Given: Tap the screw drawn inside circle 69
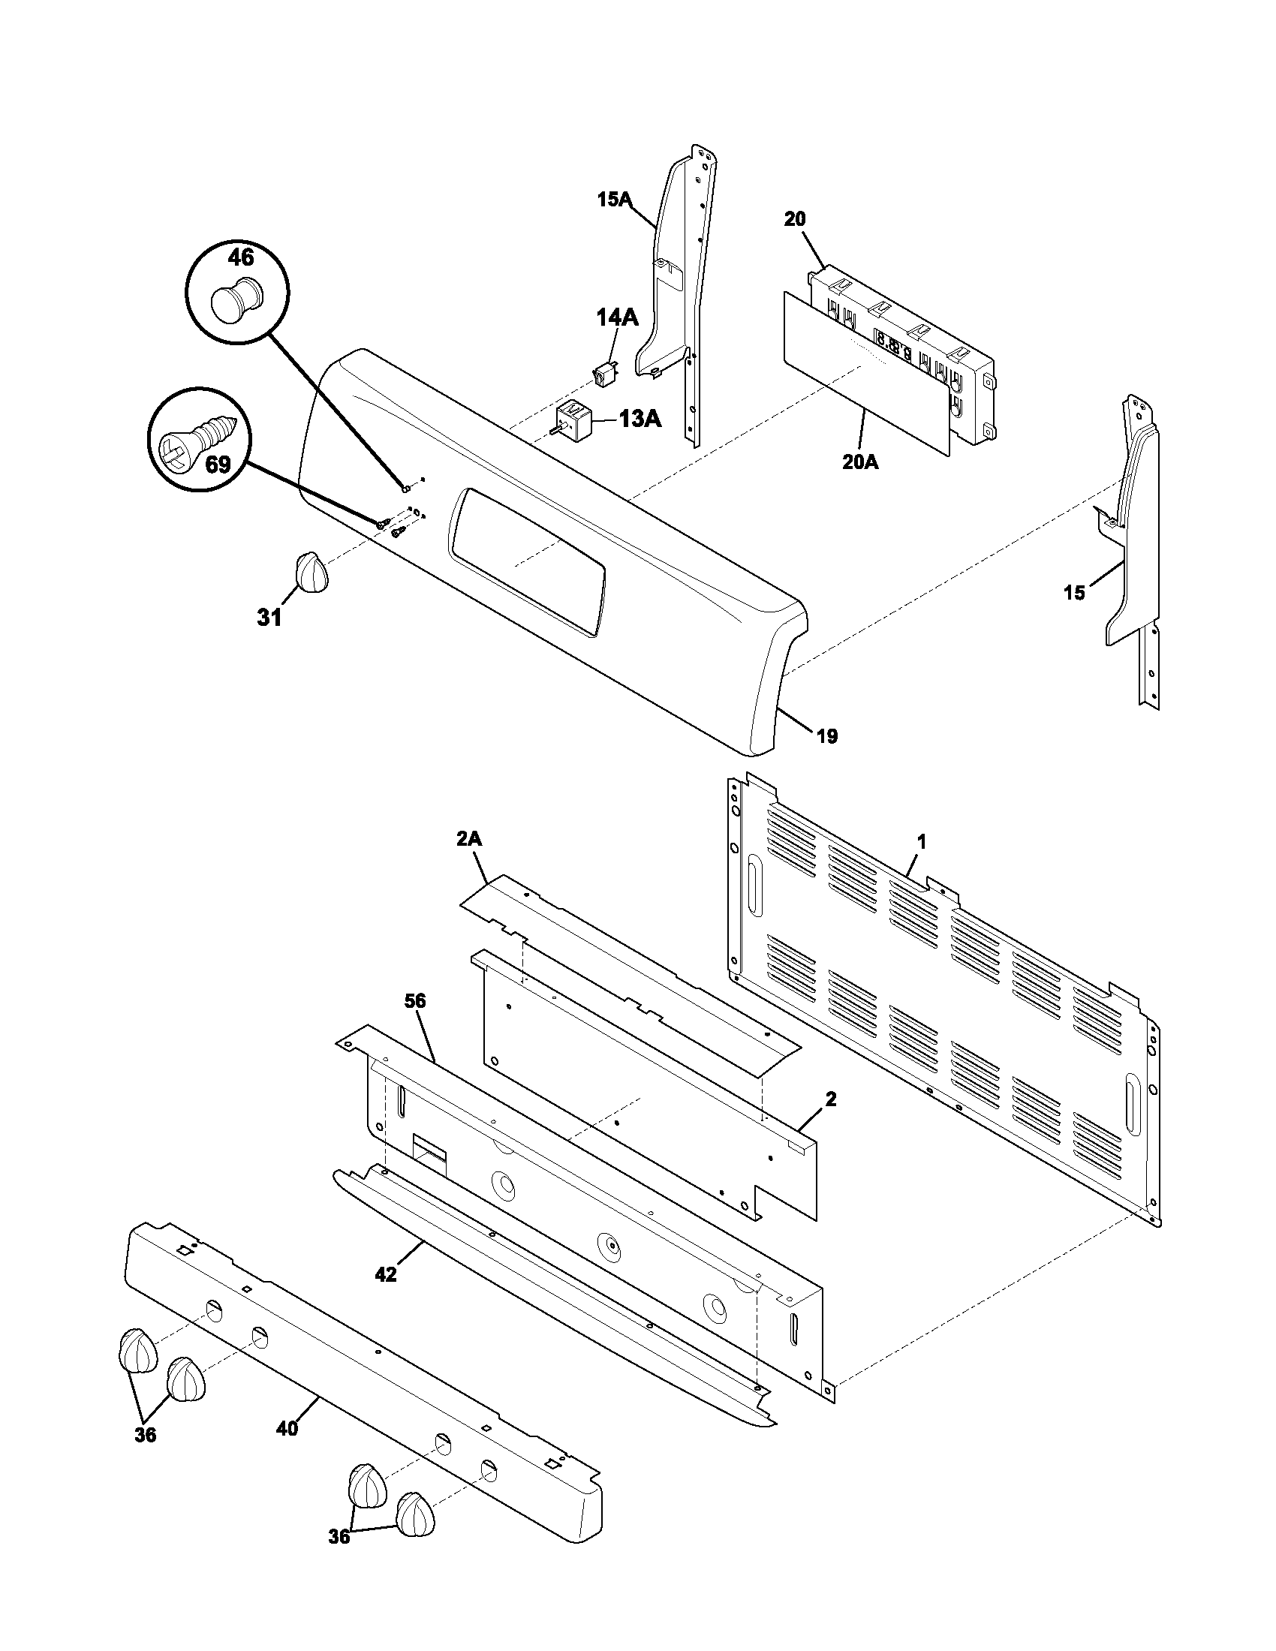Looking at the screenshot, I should (203, 438).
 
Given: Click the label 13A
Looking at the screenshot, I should (640, 418).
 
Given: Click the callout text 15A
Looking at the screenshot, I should (613, 200).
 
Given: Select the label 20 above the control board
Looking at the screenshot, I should (794, 219).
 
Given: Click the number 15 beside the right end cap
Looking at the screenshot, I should (1074, 593).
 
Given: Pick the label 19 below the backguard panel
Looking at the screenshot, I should (828, 735).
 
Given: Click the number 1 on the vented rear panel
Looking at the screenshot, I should (921, 841).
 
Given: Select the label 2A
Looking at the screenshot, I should (469, 839).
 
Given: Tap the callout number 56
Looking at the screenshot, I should (415, 1001).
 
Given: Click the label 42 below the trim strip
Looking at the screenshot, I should (386, 1274).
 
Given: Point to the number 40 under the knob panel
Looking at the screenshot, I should (287, 1428).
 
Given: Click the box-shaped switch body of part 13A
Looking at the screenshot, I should (572, 417).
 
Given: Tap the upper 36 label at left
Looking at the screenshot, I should (145, 1434).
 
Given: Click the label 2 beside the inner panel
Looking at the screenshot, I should (831, 1099).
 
